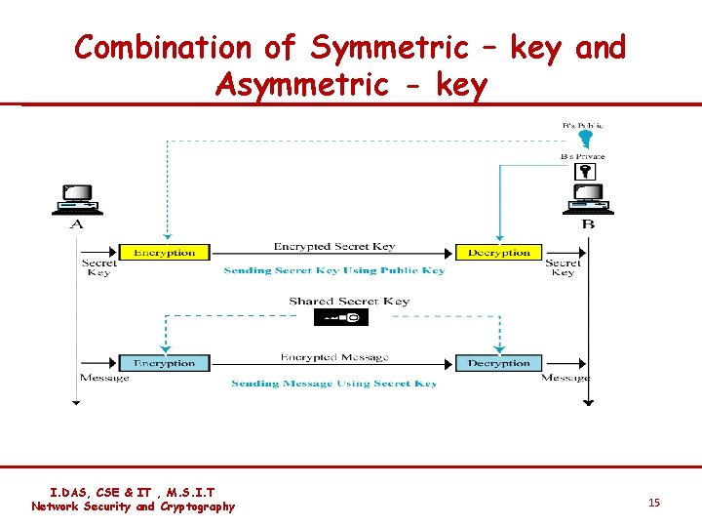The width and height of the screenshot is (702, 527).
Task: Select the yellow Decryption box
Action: pos(498,252)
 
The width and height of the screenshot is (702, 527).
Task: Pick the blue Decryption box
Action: pos(498,363)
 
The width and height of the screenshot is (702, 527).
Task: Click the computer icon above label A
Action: pos(77,199)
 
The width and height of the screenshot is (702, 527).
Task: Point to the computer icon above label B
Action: pos(587,199)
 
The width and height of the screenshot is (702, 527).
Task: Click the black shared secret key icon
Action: pos(341,317)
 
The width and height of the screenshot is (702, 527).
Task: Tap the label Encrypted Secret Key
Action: pos(334,247)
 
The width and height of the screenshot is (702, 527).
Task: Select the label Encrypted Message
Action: pos(334,358)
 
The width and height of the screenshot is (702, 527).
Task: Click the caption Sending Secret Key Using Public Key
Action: pos(334,270)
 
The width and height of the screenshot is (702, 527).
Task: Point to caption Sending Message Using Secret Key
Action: pos(334,384)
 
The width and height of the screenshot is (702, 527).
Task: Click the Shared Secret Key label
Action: pos(349,302)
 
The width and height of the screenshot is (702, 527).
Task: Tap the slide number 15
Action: pos(654,502)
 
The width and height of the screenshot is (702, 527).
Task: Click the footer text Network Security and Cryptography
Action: pos(133,507)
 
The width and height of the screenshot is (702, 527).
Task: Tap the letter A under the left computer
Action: pos(77,224)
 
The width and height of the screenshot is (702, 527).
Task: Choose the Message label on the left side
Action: pos(103,378)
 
